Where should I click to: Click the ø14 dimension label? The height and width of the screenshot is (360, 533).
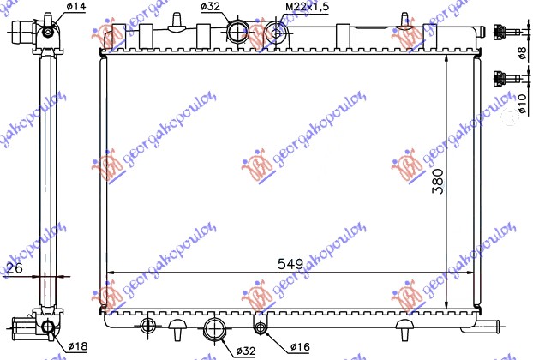[76, 9]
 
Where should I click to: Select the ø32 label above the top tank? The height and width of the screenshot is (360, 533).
[212, 9]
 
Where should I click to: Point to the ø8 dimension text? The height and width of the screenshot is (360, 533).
[523, 53]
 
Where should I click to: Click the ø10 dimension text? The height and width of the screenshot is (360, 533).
[523, 101]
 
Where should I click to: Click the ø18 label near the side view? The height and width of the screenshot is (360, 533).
[76, 347]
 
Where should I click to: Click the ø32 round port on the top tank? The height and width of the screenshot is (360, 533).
[237, 33]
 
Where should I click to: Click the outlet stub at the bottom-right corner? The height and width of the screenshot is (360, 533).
[495, 323]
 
